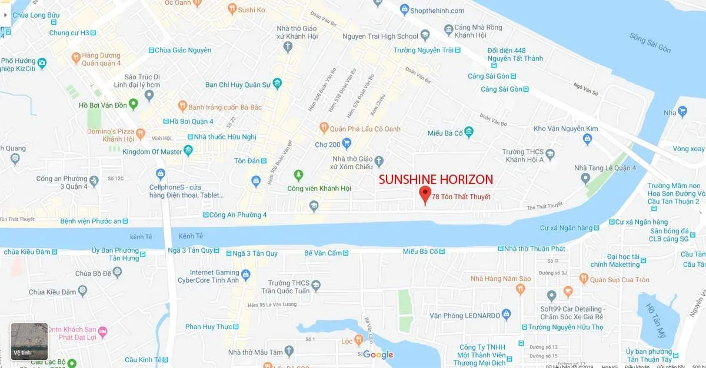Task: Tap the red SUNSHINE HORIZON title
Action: point(435,179)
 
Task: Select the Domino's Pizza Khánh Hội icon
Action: point(140,134)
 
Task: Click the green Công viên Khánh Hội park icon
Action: point(299,175)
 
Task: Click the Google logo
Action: point(378,354)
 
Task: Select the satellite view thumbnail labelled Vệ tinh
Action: point(29,341)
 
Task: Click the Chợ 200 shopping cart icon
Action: point(347,143)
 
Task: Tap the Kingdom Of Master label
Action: point(152,152)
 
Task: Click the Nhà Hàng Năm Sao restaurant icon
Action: point(520,289)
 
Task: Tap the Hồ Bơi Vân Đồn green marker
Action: point(133,105)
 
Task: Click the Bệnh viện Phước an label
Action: point(91,222)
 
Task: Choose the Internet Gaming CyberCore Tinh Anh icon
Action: point(245,275)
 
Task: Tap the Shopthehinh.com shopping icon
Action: point(404,9)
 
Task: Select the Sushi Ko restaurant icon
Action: point(231,9)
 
